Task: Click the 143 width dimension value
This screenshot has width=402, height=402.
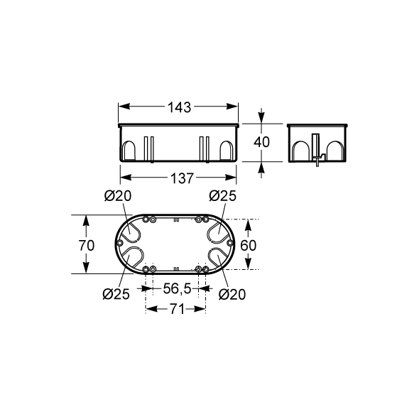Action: tap(179, 107)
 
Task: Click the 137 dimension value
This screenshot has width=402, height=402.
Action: tap(182, 178)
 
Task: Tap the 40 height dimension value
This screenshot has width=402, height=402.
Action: tap(261, 142)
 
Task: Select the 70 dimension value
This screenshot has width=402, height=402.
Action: tap(87, 245)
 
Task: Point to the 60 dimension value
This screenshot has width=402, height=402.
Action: tap(248, 245)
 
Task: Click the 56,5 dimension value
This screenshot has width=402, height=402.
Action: tap(178, 289)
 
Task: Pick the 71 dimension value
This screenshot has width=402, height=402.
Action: tap(177, 309)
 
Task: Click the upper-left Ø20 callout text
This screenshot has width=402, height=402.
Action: tap(118, 196)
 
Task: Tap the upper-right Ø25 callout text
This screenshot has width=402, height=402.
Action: tap(222, 196)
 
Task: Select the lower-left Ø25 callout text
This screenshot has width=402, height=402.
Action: tap(116, 294)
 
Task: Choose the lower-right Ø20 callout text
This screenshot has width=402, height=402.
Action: tap(232, 294)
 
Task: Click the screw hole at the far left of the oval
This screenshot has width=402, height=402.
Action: tap(119, 243)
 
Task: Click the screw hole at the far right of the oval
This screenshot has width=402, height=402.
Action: tap(230, 242)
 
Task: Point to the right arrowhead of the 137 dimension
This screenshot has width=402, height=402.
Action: tap(230, 177)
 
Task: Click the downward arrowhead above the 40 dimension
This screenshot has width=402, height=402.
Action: tap(261, 118)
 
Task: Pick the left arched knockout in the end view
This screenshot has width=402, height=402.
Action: tap(301, 151)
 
